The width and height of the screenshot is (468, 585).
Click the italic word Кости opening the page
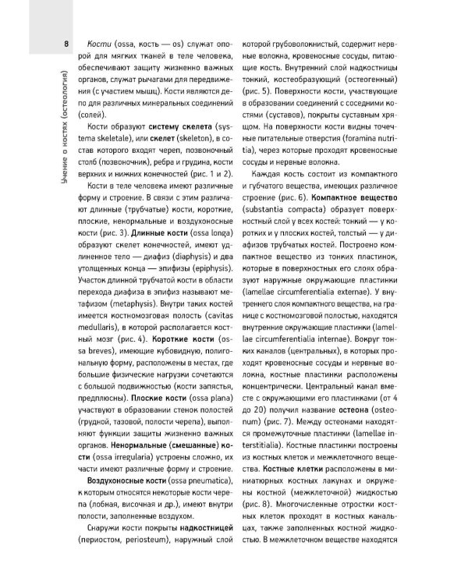point(102,44)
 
